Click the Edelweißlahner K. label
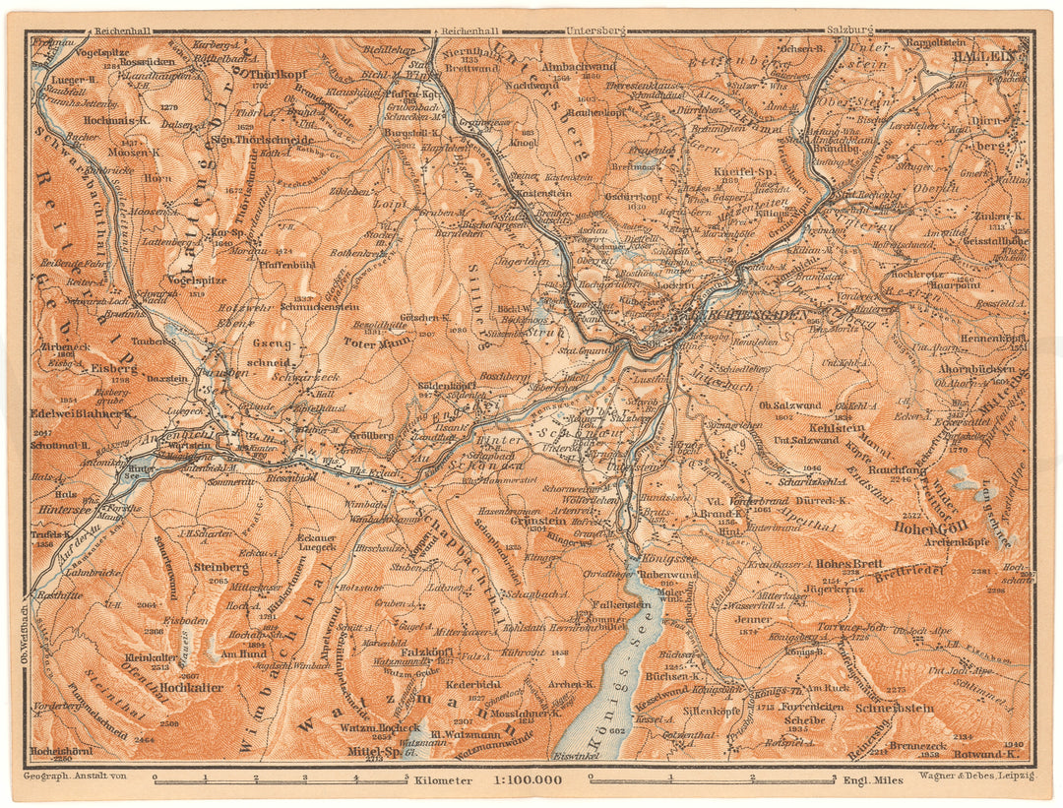click(x=83, y=413)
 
